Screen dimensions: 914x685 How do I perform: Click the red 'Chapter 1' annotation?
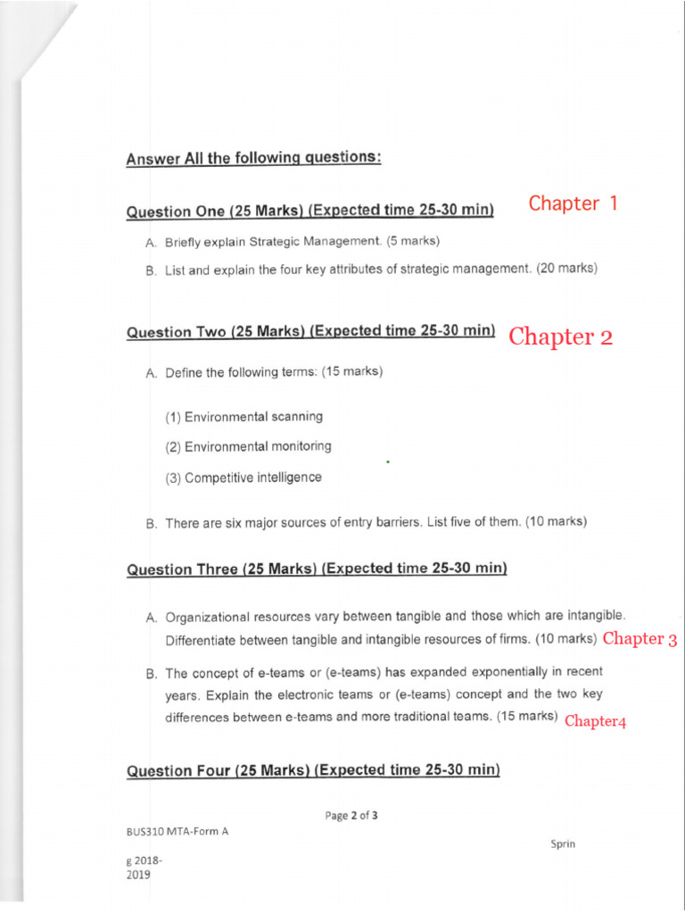tap(573, 204)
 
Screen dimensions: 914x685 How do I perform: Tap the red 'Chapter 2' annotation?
tap(561, 337)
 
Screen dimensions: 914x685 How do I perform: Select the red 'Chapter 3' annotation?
tap(640, 638)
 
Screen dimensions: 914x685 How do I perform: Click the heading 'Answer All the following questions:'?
tap(254, 159)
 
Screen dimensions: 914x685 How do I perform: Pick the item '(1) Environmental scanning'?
tap(244, 417)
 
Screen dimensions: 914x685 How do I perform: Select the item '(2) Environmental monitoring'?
tap(248, 446)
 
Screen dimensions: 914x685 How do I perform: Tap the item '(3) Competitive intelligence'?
tap(243, 478)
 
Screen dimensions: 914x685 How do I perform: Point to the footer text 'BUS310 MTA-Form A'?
tap(177, 832)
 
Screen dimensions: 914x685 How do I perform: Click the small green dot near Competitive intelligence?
tap(389, 462)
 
